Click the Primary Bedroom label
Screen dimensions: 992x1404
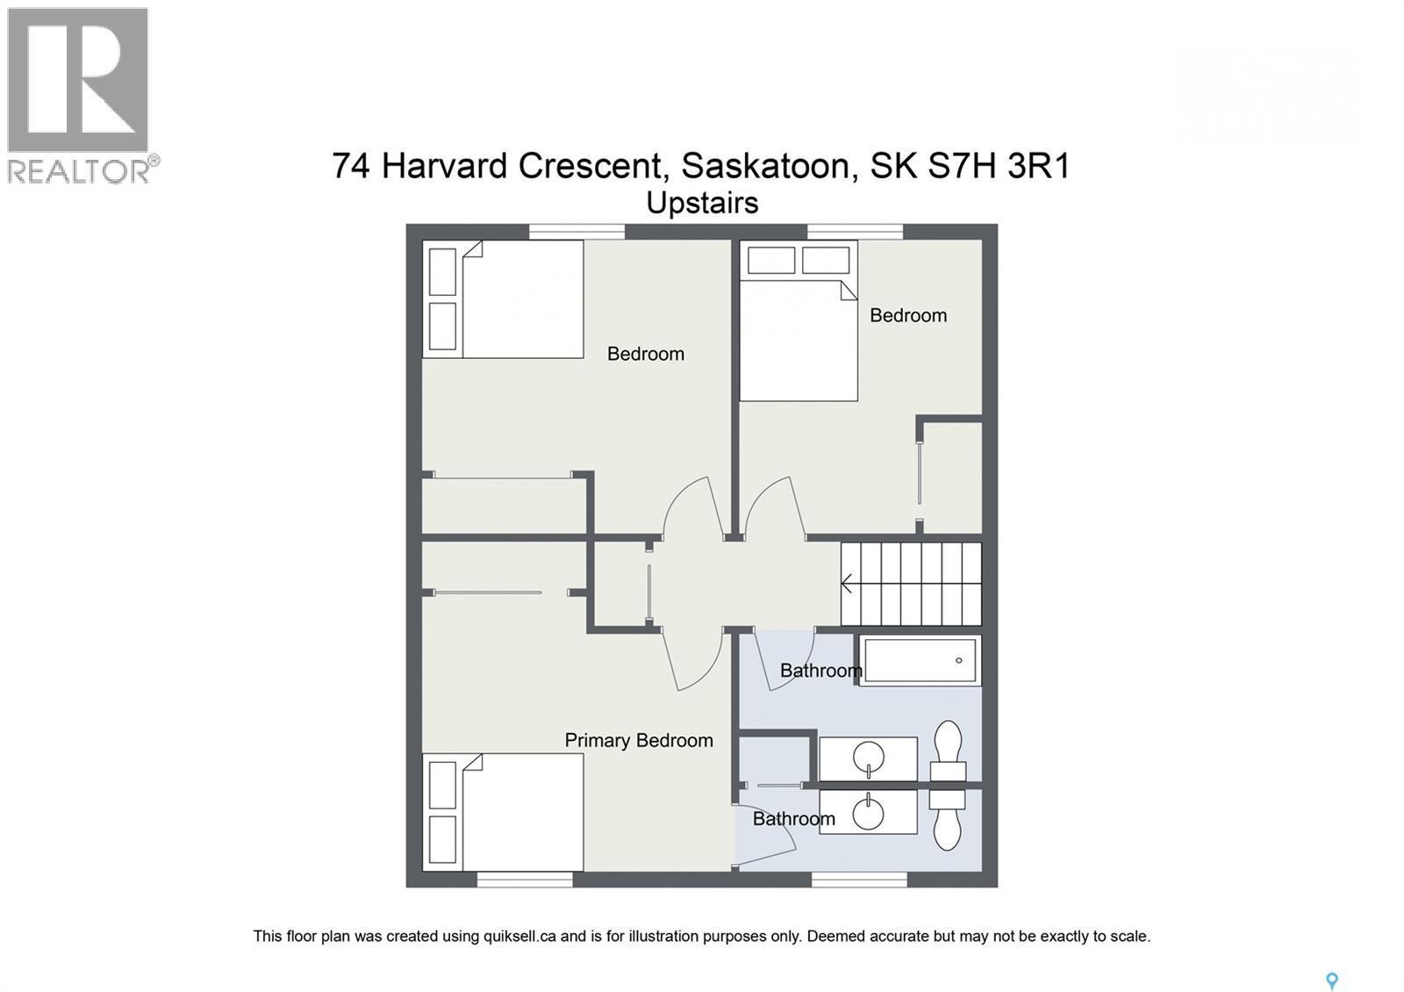point(638,740)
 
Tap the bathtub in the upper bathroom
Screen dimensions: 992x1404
point(919,660)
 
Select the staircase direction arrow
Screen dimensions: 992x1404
point(848,583)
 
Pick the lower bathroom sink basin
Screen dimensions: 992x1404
point(869,811)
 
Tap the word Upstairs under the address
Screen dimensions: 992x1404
point(702,203)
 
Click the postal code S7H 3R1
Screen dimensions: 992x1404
point(998,165)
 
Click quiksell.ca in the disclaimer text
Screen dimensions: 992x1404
point(519,936)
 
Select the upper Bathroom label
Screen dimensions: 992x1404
point(820,671)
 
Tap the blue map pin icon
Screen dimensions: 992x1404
point(1331,981)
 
